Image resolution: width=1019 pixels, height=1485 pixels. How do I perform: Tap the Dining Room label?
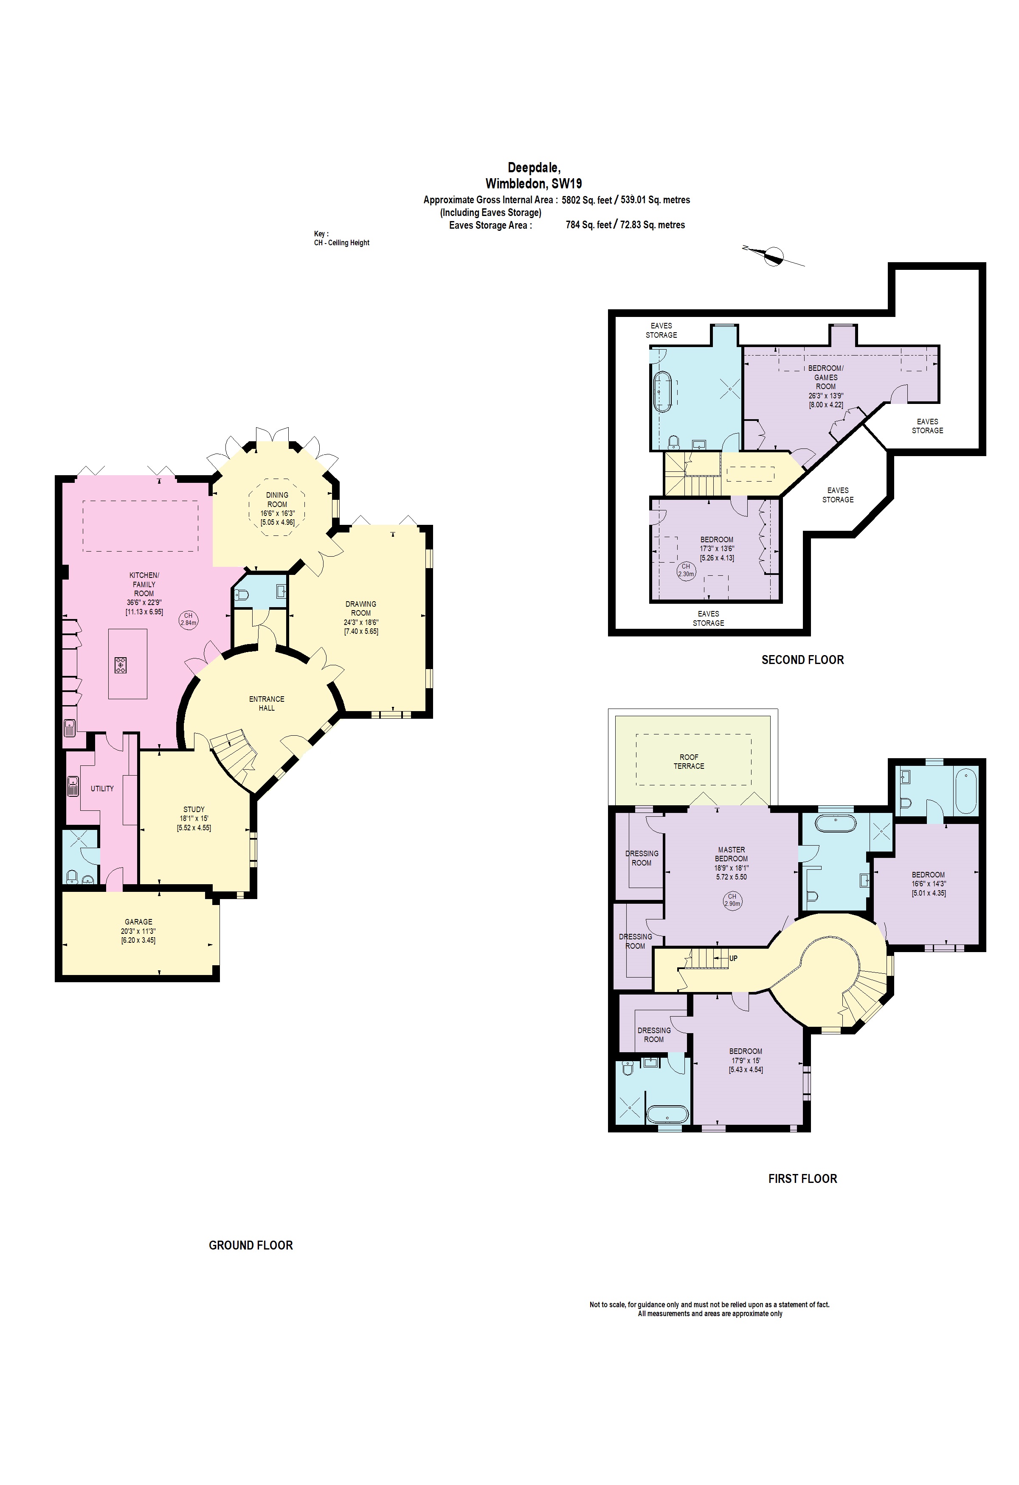(277, 499)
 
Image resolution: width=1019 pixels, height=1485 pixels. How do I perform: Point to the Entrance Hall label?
(267, 703)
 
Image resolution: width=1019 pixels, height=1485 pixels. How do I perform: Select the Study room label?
(194, 809)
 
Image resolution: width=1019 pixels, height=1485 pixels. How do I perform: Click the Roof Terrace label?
(689, 761)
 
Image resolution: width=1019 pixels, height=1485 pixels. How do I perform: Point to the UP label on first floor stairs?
(733, 958)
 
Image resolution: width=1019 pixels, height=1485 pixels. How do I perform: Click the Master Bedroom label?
(731, 854)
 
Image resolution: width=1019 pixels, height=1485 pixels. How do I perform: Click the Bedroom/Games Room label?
(825, 377)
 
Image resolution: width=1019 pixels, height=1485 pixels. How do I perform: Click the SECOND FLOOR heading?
(802, 659)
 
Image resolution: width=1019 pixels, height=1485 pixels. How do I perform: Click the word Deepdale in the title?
(534, 168)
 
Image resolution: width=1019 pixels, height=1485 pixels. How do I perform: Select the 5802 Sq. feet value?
(586, 200)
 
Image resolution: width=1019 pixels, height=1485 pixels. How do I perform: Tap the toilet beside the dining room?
(241, 595)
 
